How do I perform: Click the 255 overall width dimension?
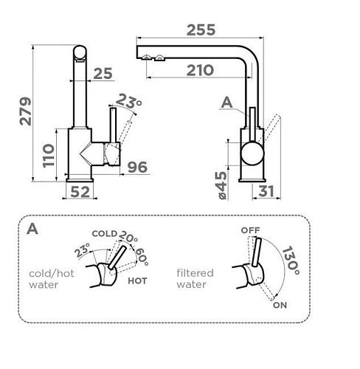[201, 30]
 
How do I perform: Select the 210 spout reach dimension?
[200, 70]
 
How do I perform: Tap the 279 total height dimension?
[26, 111]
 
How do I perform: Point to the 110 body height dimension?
[48, 156]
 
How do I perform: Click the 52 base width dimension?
[80, 192]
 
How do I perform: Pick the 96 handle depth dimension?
[137, 167]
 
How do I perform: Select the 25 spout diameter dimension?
[103, 73]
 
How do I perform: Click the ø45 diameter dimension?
[222, 185]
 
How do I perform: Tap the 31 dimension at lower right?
[266, 191]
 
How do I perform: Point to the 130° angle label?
[291, 261]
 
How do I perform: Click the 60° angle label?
[142, 257]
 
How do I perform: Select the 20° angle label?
[128, 236]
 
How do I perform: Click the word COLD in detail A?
[104, 233]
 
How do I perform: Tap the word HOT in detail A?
[137, 280]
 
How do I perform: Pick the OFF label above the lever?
[250, 230]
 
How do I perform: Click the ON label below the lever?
[280, 305]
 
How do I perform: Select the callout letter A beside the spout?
[226, 103]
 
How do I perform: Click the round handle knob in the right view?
[252, 153]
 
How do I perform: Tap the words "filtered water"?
[195, 279]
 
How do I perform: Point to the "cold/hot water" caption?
[52, 279]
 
